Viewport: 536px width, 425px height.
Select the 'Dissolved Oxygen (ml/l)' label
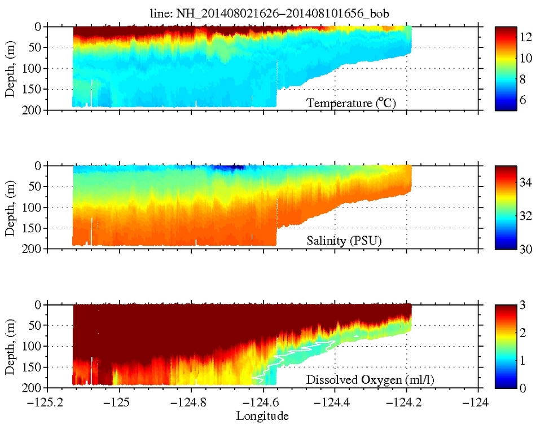tap(370, 381)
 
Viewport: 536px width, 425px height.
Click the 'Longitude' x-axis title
tap(263, 416)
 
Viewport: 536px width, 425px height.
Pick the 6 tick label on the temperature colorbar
tap(523, 99)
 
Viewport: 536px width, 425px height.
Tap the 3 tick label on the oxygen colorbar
tap(523, 305)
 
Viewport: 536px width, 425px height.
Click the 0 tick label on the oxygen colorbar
tap(523, 388)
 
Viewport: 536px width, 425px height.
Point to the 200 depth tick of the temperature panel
tap(33, 110)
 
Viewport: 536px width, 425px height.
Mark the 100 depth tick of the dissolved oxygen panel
tap(33, 346)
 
